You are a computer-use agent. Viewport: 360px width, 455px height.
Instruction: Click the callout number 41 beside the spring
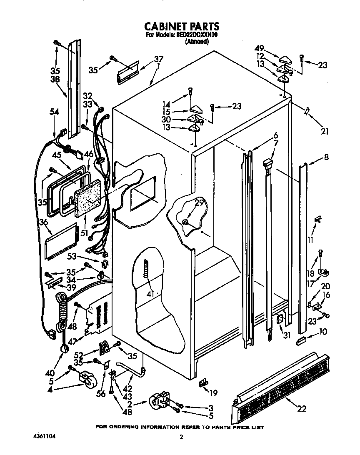tap(150, 294)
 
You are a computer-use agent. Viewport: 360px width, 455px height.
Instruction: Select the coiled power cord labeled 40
tap(62, 312)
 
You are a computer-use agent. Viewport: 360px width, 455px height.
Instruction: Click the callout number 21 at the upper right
tap(325, 132)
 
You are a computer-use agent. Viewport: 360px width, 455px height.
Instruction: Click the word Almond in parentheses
tap(197, 42)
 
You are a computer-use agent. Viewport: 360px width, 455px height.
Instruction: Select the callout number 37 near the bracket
tap(159, 59)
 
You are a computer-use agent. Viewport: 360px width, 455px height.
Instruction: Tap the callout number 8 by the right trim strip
tap(326, 157)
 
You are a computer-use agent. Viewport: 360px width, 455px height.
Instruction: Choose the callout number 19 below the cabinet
tap(214, 392)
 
